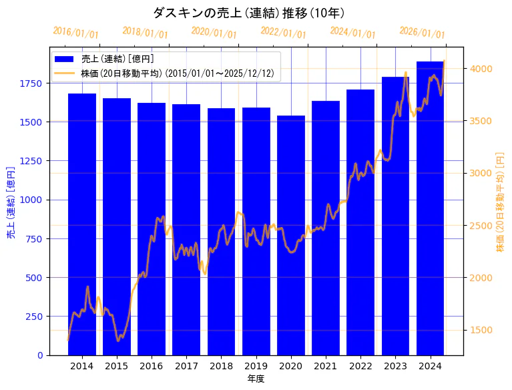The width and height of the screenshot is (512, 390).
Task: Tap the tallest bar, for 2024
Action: click(x=430, y=208)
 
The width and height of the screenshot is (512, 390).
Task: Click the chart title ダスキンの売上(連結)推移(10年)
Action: click(x=248, y=13)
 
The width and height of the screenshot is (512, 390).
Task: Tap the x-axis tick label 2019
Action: click(x=256, y=366)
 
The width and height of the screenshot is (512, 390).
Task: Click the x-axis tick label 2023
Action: click(x=395, y=366)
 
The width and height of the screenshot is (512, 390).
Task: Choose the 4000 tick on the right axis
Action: click(x=481, y=69)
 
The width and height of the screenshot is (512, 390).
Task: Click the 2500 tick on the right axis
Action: click(x=481, y=226)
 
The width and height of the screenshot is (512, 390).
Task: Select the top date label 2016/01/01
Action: click(x=75, y=33)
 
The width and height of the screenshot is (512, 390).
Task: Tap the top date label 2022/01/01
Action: click(x=283, y=33)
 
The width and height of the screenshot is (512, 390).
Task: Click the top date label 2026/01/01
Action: click(x=422, y=33)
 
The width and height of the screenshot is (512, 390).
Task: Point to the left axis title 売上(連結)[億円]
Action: click(x=11, y=200)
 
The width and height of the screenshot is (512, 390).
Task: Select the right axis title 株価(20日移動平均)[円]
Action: click(x=500, y=200)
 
